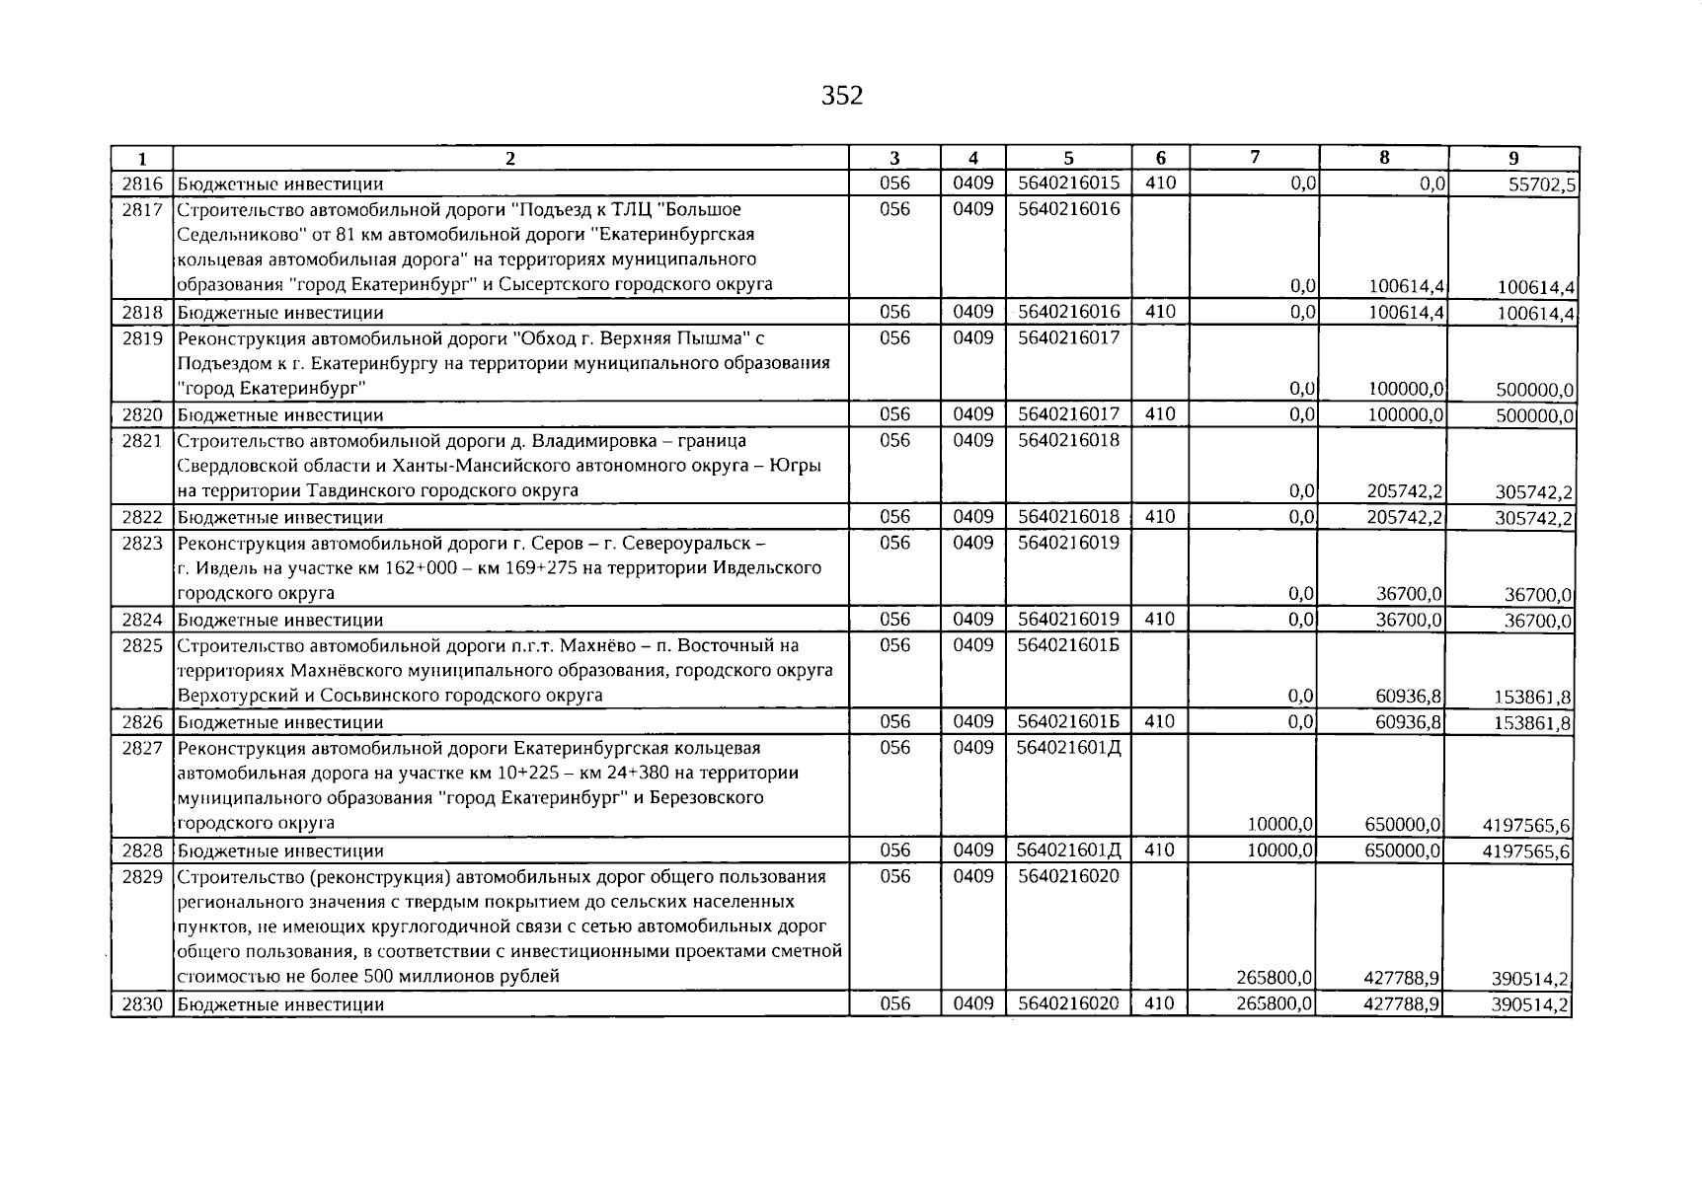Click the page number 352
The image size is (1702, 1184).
[842, 96]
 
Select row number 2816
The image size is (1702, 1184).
[142, 184]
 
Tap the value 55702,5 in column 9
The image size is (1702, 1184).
[1536, 185]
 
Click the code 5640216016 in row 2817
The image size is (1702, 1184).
[1068, 209]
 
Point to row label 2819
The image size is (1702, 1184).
[142, 338]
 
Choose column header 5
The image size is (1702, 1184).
[1068, 158]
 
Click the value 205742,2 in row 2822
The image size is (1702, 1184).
[1406, 517]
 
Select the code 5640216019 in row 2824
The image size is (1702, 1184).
[1068, 620]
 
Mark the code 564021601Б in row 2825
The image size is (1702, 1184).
[1068, 645]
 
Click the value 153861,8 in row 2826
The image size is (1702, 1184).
[1533, 723]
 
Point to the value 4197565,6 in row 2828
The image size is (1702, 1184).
[1526, 851]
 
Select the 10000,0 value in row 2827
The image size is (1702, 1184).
[1280, 824]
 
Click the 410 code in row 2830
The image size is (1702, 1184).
[1160, 1004]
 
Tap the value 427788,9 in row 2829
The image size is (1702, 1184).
[1404, 978]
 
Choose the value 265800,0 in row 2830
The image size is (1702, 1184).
[1274, 1004]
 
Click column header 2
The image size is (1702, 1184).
[510, 158]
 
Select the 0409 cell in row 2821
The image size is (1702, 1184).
[972, 440]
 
